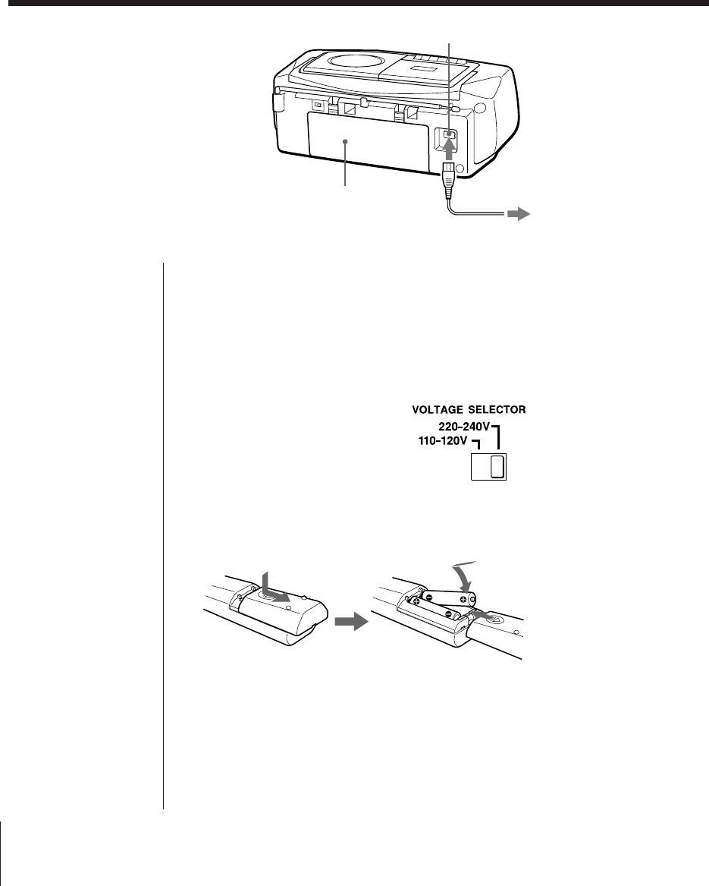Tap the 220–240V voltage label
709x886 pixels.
pyautogui.click(x=463, y=427)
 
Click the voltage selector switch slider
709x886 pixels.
pyautogui.click(x=497, y=467)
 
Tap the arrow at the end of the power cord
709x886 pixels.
pyautogui.click(x=518, y=215)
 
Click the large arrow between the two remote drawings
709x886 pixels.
pyautogui.click(x=350, y=622)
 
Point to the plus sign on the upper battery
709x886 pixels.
pyautogui.click(x=462, y=597)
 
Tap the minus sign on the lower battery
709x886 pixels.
pyautogui.click(x=449, y=613)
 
